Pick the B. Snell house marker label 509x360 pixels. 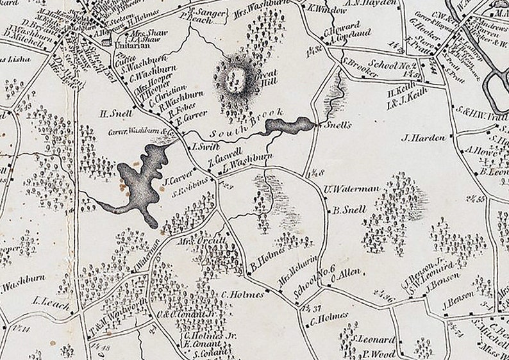[350, 209]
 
